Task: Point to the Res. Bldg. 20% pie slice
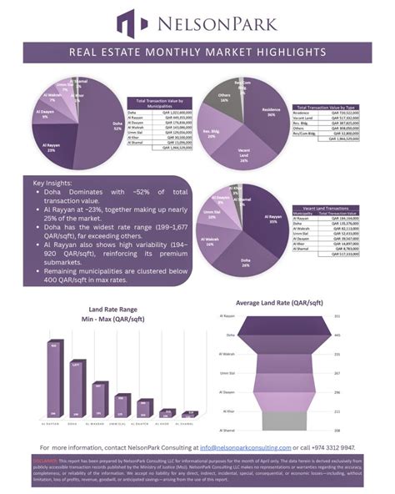213,134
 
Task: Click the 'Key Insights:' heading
52,184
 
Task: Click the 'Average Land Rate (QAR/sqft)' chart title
279,302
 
